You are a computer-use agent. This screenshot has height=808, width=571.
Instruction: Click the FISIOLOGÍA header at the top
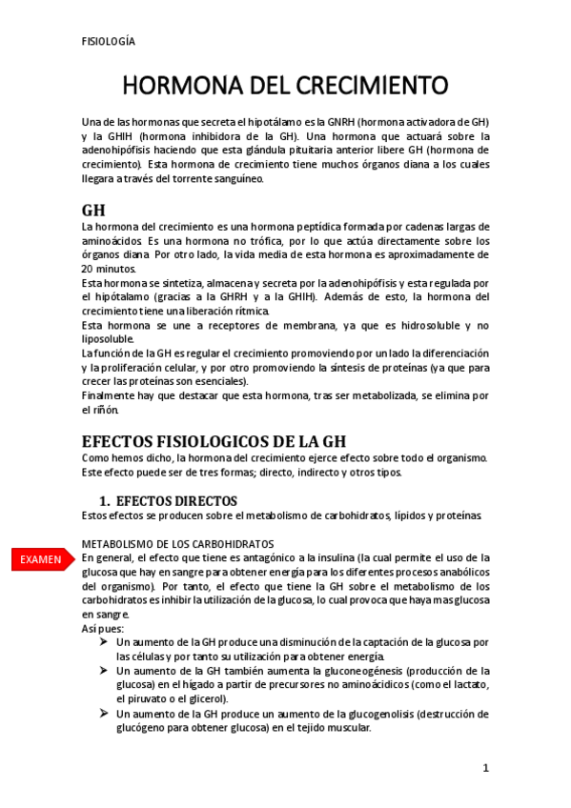[109, 41]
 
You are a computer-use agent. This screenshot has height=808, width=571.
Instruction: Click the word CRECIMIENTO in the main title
[365, 86]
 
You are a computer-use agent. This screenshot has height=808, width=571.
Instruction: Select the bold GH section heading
[93, 210]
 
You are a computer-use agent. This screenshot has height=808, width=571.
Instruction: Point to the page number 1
[485, 768]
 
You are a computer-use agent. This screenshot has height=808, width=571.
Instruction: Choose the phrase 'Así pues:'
[103, 629]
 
